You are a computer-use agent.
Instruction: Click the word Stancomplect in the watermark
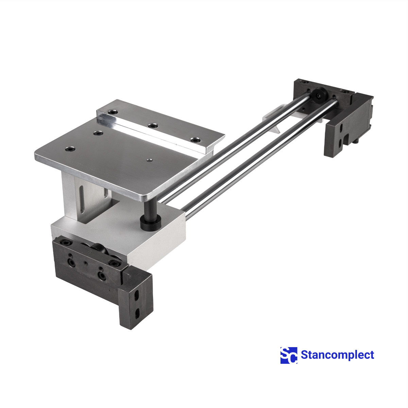(x=337, y=355)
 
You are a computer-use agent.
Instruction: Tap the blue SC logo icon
(x=289, y=355)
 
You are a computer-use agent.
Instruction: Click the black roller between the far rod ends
(x=319, y=96)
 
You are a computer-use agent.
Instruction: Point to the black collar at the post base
(x=151, y=224)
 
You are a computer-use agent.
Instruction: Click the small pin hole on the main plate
(x=150, y=160)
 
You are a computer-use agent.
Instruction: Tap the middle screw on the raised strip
(x=153, y=126)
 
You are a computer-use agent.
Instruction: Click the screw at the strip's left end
(x=112, y=112)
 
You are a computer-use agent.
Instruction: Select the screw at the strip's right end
(x=195, y=140)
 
